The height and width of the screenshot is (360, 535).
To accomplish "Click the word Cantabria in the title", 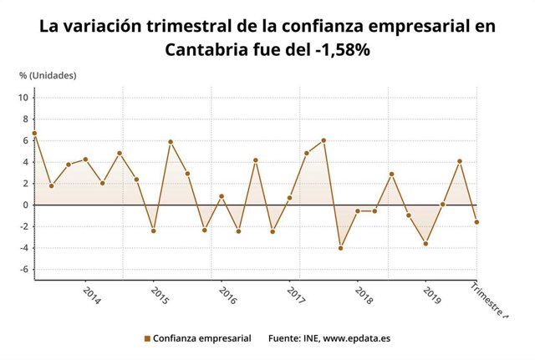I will click(211, 50).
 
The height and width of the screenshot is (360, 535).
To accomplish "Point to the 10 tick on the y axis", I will click(23, 98).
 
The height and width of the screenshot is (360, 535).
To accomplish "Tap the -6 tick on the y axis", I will click(24, 270).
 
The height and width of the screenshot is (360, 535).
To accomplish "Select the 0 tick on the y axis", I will click(26, 205).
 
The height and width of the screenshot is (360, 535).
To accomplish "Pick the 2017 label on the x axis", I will click(295, 297).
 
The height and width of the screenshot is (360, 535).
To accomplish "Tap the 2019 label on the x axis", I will click(431, 297).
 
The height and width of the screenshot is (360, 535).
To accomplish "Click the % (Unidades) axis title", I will click(48, 75).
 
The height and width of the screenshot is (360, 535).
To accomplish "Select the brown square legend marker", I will click(147, 339).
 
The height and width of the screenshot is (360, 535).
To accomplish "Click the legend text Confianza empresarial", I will click(201, 339).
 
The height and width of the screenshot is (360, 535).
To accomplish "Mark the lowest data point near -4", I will click(340, 248).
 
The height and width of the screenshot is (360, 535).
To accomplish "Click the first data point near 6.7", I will click(34, 133).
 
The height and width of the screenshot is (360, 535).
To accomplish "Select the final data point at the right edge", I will click(476, 222).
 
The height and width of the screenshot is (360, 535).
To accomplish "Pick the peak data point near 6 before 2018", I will click(324, 140).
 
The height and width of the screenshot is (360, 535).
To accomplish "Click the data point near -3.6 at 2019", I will click(425, 244).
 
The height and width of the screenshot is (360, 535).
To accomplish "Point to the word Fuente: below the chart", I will click(285, 339).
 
